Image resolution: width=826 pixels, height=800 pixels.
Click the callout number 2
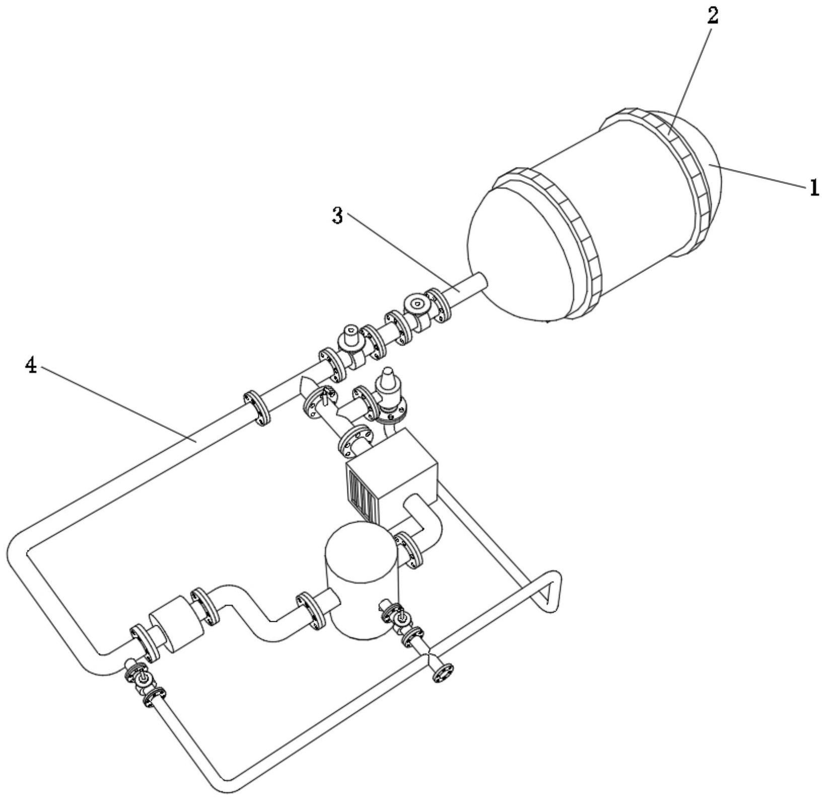[713, 16]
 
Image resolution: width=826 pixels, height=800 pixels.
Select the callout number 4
[31, 366]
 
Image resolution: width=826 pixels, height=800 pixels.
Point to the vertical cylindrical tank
[362, 580]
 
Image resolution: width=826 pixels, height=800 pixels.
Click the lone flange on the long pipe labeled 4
[257, 408]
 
